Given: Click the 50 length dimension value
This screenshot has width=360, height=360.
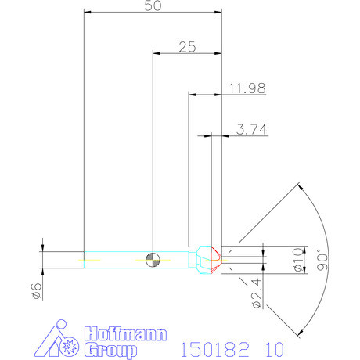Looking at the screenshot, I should [153, 5].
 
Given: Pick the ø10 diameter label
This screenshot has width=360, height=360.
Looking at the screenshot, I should [296, 257].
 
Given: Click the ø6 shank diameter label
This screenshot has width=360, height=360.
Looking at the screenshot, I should [34, 290].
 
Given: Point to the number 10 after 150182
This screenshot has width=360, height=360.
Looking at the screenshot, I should [271, 347].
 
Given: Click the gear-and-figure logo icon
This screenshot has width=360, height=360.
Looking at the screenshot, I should [61, 339].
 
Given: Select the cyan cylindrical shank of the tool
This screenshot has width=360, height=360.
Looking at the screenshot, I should [117, 258].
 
